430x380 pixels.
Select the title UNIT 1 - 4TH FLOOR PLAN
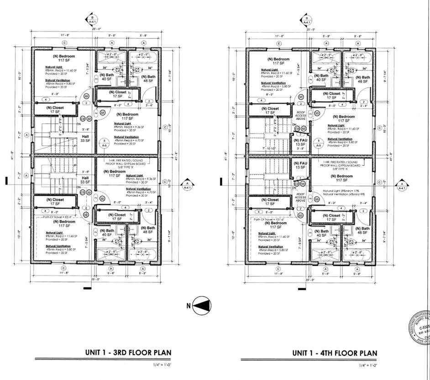click(x=335, y=353)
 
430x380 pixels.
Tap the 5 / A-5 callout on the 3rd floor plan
click(x=105, y=143)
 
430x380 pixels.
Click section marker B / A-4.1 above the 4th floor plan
click(x=307, y=19)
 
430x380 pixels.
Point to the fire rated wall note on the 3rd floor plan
click(x=126, y=163)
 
